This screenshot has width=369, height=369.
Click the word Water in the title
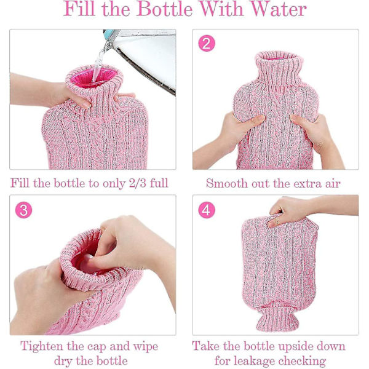(279, 9)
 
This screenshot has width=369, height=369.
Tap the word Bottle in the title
(164, 9)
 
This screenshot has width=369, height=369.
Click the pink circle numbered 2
(207, 43)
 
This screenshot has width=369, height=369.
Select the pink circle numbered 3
(23, 210)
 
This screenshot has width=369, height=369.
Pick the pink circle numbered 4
(207, 210)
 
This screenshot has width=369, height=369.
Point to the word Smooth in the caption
(227, 183)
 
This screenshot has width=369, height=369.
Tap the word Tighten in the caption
(42, 347)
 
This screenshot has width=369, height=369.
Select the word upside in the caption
(295, 346)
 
